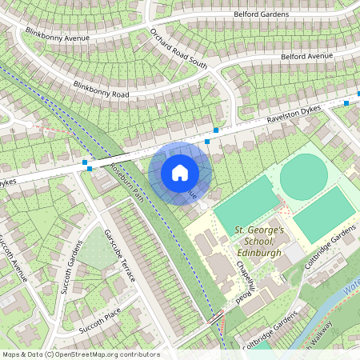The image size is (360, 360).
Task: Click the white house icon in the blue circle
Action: point(180,172)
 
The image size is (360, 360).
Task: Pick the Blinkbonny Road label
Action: point(101,89)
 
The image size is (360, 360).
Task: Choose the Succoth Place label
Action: point(99,320)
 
